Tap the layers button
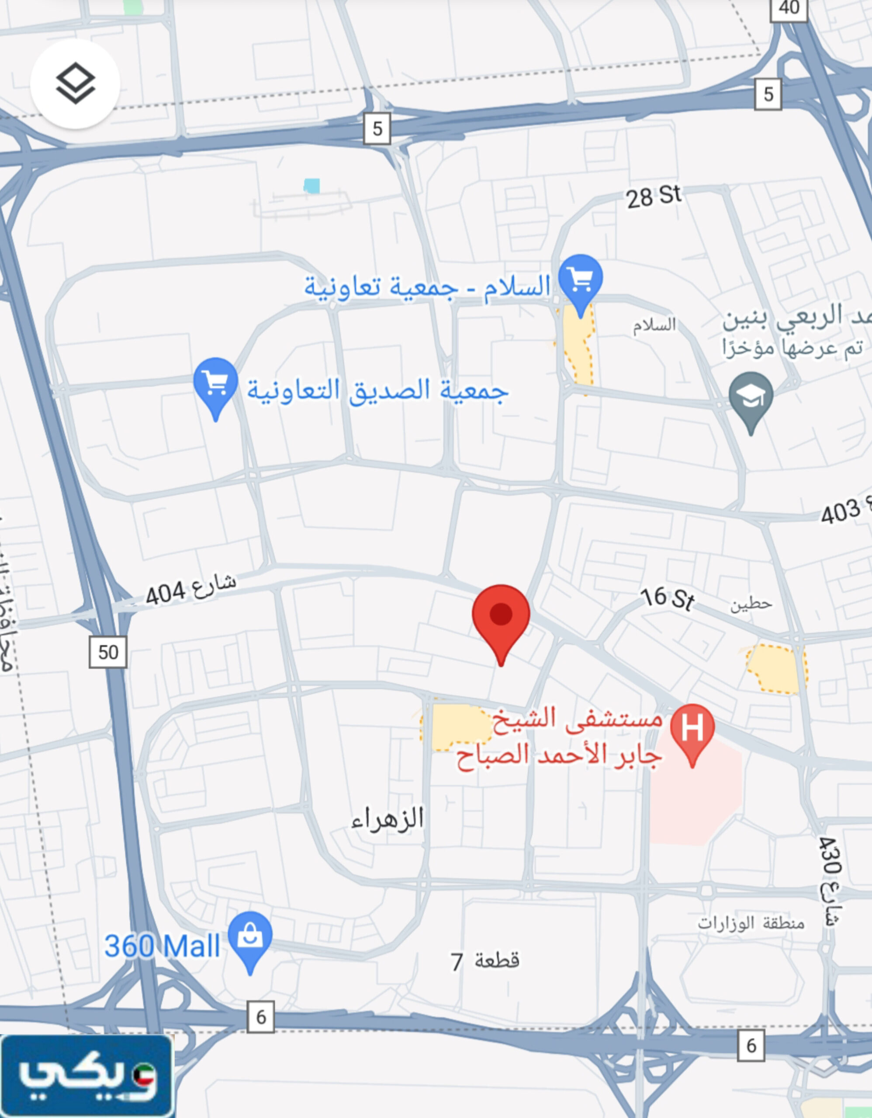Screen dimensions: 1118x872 75,83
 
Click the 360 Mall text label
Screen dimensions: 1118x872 162,946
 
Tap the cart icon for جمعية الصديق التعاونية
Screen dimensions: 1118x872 215,383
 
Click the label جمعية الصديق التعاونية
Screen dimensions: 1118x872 377,390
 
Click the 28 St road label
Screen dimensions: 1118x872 654,197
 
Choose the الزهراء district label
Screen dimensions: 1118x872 387,818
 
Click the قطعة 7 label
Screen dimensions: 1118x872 484,961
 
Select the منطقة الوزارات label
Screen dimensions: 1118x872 751,922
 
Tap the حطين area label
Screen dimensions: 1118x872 751,604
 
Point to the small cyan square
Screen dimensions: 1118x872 311,186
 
